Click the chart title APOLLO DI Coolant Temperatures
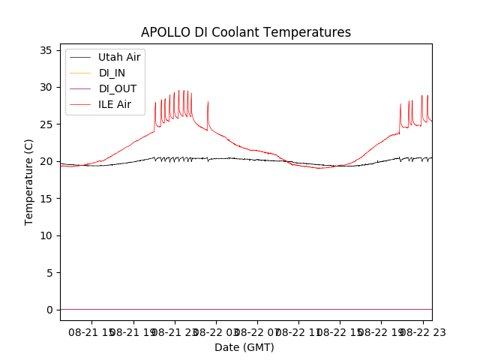(x=246, y=33)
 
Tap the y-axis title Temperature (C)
(x=29, y=181)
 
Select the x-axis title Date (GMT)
(x=244, y=347)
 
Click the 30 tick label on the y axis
(x=45, y=87)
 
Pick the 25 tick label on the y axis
(x=45, y=124)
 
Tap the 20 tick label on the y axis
(x=45, y=161)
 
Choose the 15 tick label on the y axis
(x=45, y=199)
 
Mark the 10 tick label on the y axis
(x=45, y=235)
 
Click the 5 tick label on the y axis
(x=48, y=273)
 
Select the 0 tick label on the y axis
(x=48, y=310)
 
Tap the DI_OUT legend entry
(x=117, y=88)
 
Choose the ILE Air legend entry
(x=115, y=104)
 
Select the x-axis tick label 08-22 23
(x=422, y=332)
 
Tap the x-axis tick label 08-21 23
(x=175, y=332)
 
